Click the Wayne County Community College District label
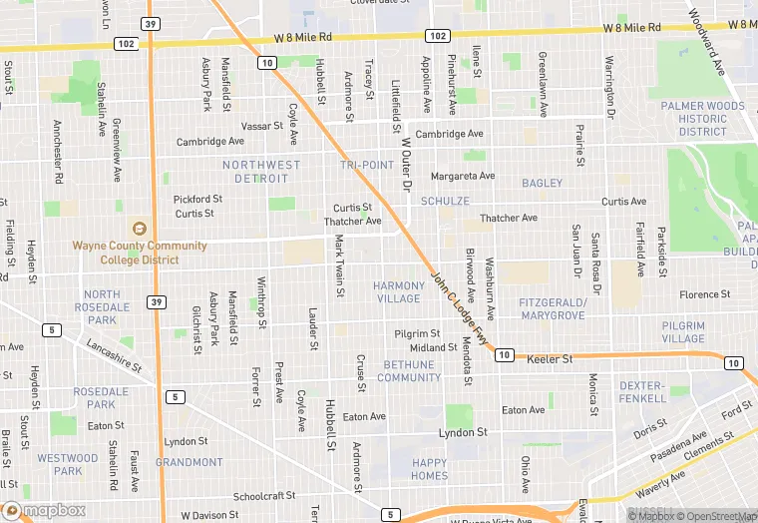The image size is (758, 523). coord(140,253)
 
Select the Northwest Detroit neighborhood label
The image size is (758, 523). coord(261,172)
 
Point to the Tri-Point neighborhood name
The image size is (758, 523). coord(366,165)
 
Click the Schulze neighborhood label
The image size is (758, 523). coord(445,201)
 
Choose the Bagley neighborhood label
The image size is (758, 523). coord(542,184)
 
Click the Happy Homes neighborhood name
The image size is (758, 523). coord(430,469)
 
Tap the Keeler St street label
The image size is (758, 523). coord(550,358)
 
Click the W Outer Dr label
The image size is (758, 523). coord(406,166)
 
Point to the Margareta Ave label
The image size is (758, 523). coord(462,177)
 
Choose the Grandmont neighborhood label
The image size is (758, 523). coord(189,462)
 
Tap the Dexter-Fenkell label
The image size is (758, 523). coord(640,392)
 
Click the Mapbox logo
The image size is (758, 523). coord(44,510)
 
